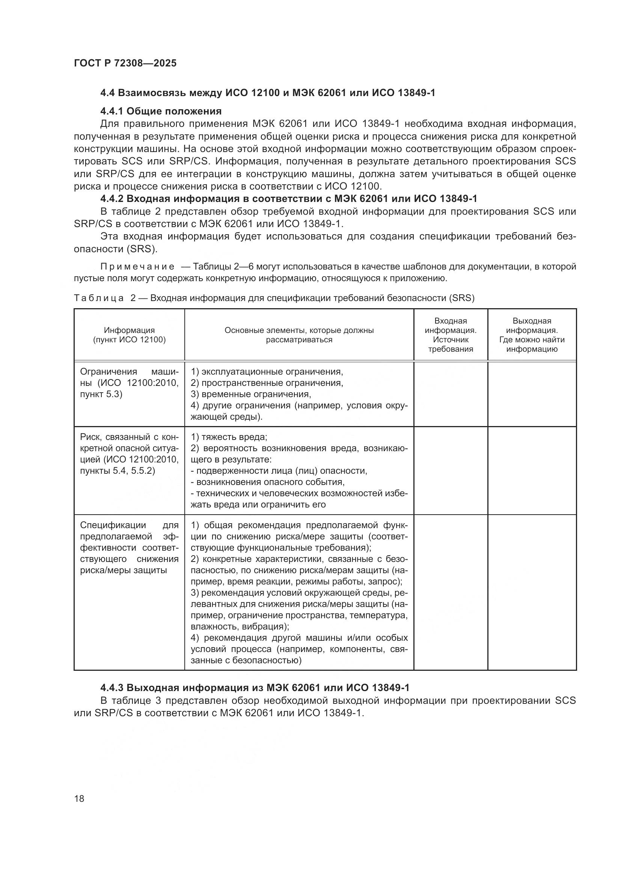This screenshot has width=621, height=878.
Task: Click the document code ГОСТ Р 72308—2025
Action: (125, 63)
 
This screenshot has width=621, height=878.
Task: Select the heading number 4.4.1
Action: (111, 111)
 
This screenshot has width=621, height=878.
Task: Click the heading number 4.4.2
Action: (111, 199)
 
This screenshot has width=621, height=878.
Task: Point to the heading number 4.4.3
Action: (111, 688)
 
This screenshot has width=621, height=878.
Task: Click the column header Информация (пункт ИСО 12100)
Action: (129, 335)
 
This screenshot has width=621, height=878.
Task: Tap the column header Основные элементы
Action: (299, 335)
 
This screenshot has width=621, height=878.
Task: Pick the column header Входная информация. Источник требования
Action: (451, 335)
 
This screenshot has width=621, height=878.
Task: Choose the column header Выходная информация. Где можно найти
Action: (532, 335)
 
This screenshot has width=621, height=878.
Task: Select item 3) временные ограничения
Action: (251, 394)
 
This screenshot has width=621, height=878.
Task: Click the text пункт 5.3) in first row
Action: (101, 394)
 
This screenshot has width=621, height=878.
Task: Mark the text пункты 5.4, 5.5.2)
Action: (118, 471)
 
